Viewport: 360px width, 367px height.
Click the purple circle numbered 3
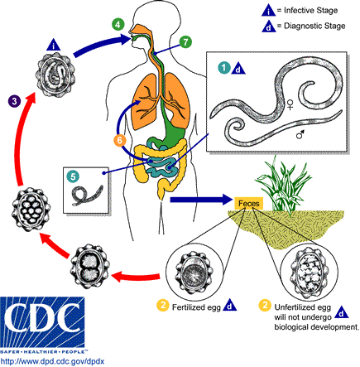coord(15,101)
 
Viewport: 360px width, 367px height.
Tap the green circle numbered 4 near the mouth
coord(119,24)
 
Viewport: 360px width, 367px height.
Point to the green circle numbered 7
coord(186,41)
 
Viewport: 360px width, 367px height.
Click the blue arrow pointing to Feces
coord(195,200)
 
